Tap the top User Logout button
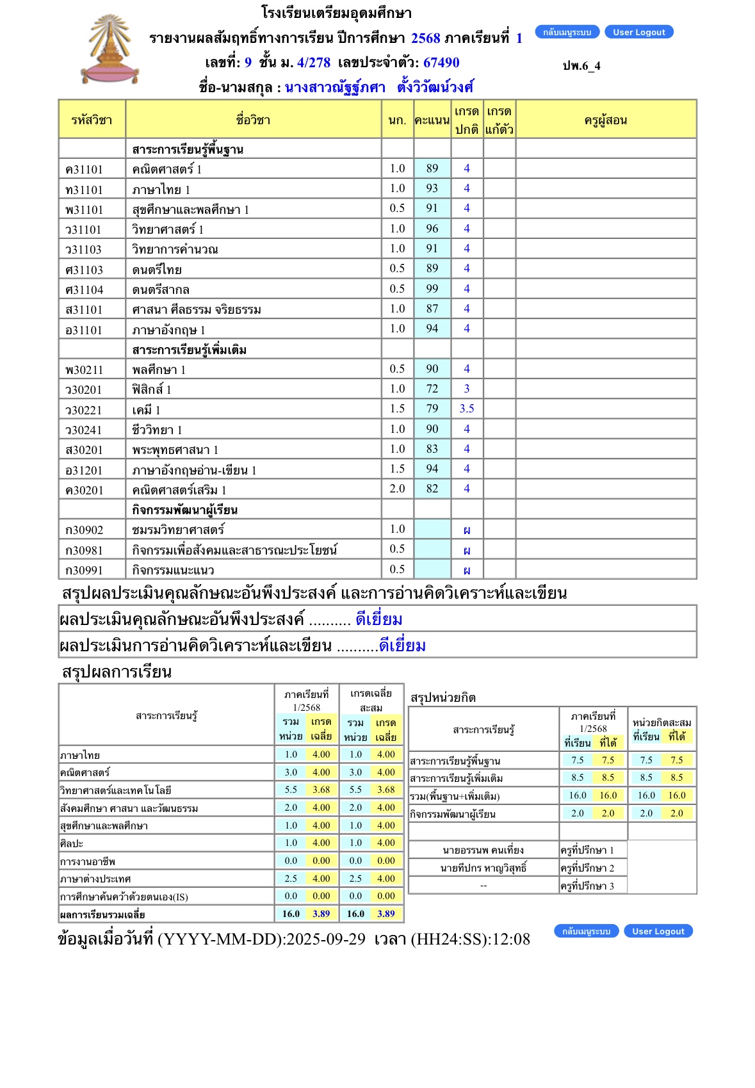[x=638, y=32]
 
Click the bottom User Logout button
[x=658, y=931]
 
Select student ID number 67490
[x=441, y=63]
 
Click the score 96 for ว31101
[x=432, y=229]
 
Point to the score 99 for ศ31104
[x=432, y=289]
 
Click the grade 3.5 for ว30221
[x=467, y=409]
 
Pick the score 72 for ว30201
[x=432, y=389]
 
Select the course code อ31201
[x=84, y=470]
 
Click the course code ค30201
[x=84, y=490]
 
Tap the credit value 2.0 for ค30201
[x=397, y=489]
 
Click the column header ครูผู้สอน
[x=605, y=120]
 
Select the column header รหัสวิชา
[x=92, y=120]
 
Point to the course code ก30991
[x=84, y=570]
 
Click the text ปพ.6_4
[x=581, y=66]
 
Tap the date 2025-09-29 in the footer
[x=325, y=939]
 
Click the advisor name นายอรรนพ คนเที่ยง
[x=483, y=850]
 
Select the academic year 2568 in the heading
[x=425, y=38]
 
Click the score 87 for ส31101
[x=432, y=309]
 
